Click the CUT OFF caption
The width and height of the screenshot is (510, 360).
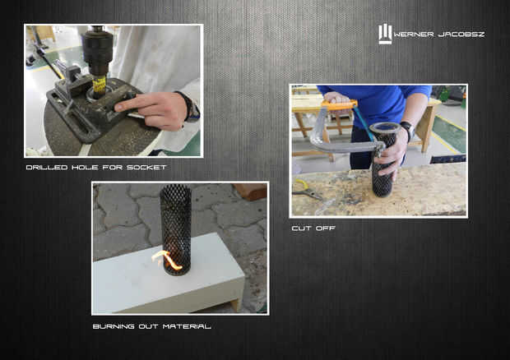[313, 228]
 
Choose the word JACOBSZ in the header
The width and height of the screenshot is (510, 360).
[461, 35]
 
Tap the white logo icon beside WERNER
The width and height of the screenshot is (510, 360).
[385, 35]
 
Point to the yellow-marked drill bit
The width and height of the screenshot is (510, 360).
[100, 86]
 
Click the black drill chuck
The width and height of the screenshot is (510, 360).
[97, 52]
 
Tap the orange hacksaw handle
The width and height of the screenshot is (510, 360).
[339, 104]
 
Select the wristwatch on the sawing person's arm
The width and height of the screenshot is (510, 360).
[407, 129]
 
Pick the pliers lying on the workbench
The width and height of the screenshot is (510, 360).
[305, 190]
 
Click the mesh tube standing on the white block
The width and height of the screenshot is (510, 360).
[176, 229]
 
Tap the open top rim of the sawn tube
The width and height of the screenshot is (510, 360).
[383, 127]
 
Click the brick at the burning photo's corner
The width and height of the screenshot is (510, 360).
[250, 191]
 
